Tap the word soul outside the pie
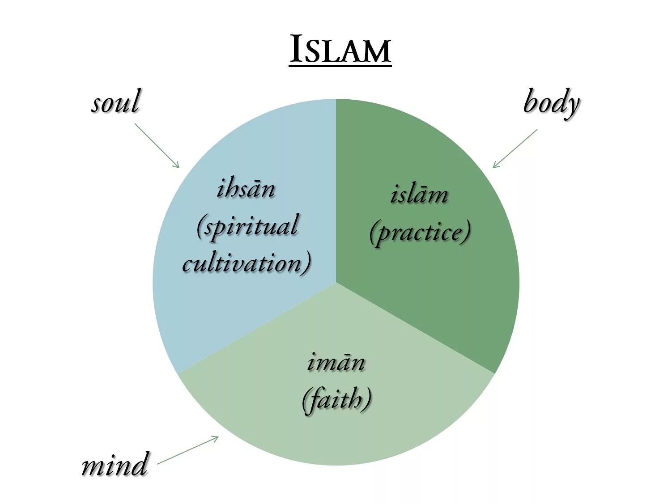(115, 102)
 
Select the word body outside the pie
(551, 103)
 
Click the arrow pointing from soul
(157, 145)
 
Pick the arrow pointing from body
(515, 149)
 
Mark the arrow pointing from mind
(188, 450)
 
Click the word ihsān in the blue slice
(246, 189)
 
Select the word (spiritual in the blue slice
(247, 226)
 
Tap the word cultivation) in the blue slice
(247, 263)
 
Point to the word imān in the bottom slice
(336, 362)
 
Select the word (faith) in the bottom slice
(336, 399)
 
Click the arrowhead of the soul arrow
(178, 166)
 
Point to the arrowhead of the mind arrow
(217, 438)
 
